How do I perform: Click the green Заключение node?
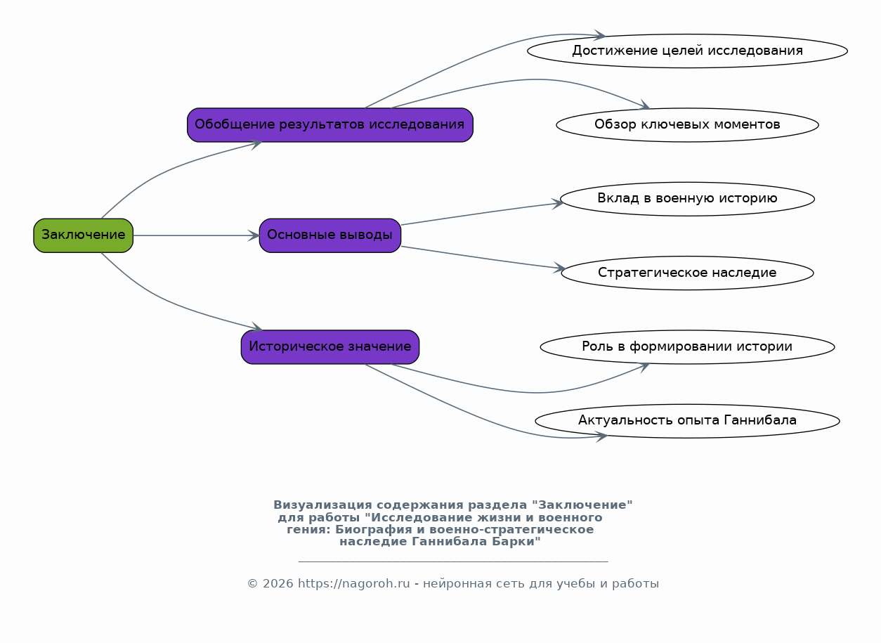pos(84,235)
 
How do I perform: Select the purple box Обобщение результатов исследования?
pos(330,125)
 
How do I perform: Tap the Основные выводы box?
pos(330,235)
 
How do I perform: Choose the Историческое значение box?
pos(330,346)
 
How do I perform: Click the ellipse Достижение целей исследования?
pos(687,51)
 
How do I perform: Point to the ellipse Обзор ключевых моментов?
pos(687,125)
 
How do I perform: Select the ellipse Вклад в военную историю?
pos(687,199)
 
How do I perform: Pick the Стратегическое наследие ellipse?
pos(687,273)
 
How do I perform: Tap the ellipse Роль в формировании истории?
pos(687,346)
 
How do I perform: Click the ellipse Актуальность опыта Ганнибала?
pos(687,421)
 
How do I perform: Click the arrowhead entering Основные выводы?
pos(254,235)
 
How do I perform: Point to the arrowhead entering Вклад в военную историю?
pos(558,204)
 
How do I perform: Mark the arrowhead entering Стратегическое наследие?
pos(559,268)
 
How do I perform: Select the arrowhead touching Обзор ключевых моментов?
pos(644,105)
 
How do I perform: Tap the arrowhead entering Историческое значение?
pos(256,327)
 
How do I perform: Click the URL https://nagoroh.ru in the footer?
pos(353,583)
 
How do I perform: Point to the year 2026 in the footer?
pos(278,583)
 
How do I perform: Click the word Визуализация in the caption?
pos(322,505)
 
